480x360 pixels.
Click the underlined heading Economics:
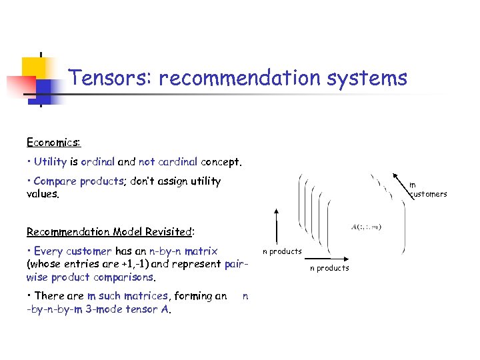click(x=53, y=142)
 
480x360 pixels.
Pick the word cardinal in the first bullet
click(x=177, y=161)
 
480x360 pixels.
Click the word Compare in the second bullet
click(x=55, y=181)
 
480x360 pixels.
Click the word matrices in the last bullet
click(x=143, y=295)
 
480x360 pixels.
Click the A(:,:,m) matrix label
click(x=367, y=227)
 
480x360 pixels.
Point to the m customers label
click(x=428, y=189)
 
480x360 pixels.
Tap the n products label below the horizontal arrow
click(x=329, y=268)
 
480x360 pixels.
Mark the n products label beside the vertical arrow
click(x=282, y=251)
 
